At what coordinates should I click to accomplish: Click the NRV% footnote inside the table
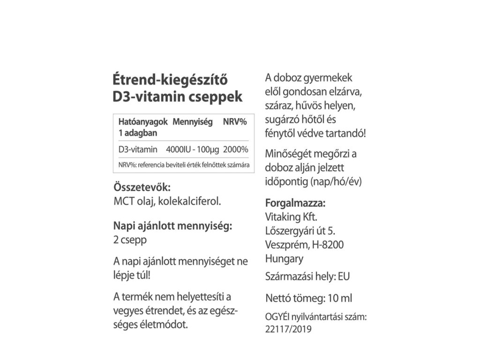(x=183, y=165)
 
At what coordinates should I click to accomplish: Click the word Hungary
(x=284, y=258)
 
